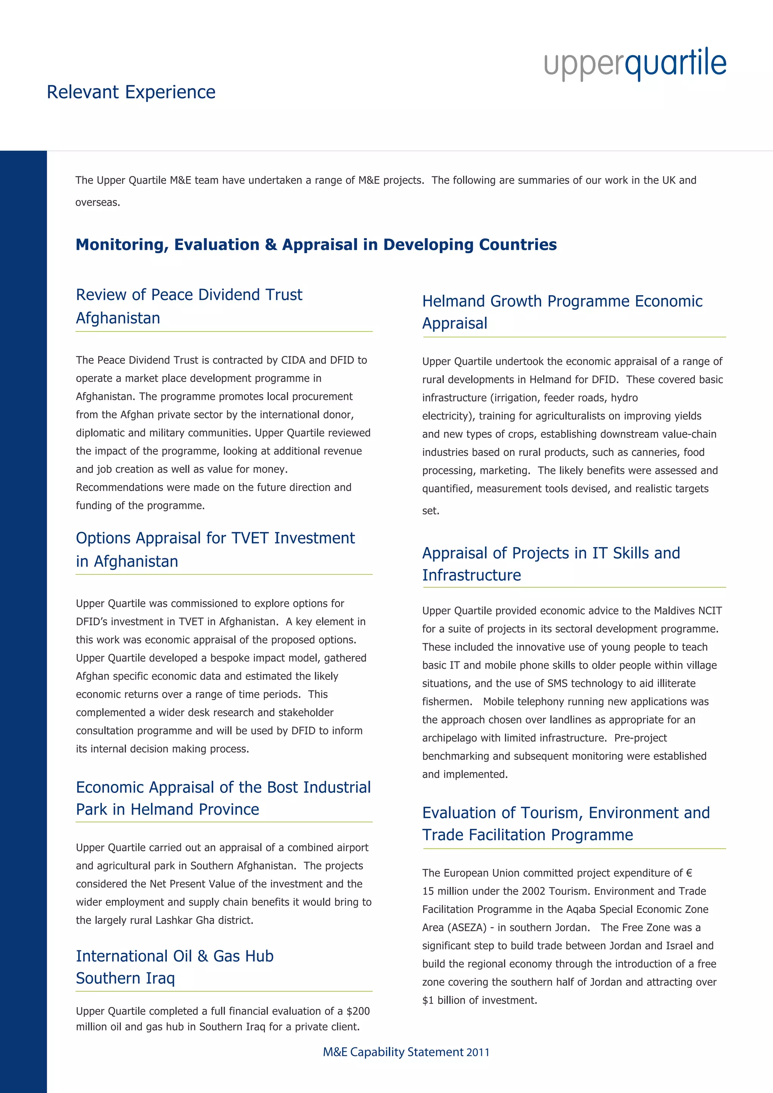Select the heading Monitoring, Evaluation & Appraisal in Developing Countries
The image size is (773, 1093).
[x=316, y=245]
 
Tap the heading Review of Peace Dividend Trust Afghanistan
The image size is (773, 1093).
[x=189, y=306]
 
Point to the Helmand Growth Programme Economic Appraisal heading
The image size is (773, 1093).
[x=562, y=312]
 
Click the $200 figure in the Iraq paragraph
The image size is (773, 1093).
[x=358, y=1011]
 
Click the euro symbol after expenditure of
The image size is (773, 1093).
[x=689, y=873]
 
